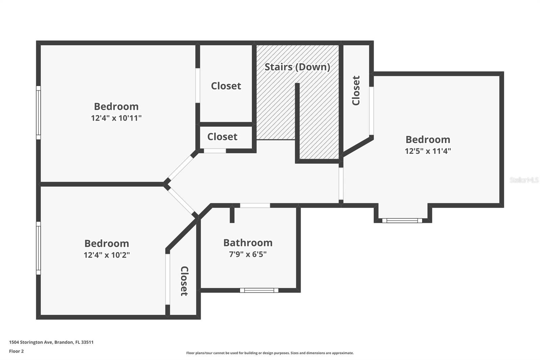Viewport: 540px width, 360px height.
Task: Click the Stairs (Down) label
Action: click(x=297, y=67)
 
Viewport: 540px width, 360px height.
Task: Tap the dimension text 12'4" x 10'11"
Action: click(x=116, y=118)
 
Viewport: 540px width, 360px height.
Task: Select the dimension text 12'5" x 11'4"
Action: click(x=428, y=151)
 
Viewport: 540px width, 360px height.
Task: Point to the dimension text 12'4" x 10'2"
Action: click(x=107, y=255)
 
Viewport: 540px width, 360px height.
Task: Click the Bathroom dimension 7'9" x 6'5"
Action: click(x=248, y=254)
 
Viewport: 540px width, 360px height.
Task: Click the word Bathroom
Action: click(x=248, y=242)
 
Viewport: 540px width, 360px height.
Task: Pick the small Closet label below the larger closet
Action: click(x=222, y=137)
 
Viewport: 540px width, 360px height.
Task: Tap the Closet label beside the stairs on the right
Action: click(x=356, y=91)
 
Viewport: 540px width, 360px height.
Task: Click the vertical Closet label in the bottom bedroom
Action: click(x=184, y=281)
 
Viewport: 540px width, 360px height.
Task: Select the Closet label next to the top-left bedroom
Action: click(x=226, y=86)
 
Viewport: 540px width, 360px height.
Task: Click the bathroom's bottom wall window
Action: click(x=259, y=290)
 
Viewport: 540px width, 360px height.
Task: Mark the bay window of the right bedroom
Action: click(x=402, y=221)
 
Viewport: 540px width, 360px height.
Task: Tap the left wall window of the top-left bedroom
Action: click(x=38, y=112)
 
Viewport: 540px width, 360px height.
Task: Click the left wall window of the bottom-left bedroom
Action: click(x=38, y=248)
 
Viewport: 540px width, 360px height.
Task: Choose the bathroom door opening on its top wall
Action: click(x=255, y=205)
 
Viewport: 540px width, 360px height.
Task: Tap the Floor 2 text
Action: click(x=16, y=351)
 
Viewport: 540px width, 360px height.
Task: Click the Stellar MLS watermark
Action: click(x=524, y=180)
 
